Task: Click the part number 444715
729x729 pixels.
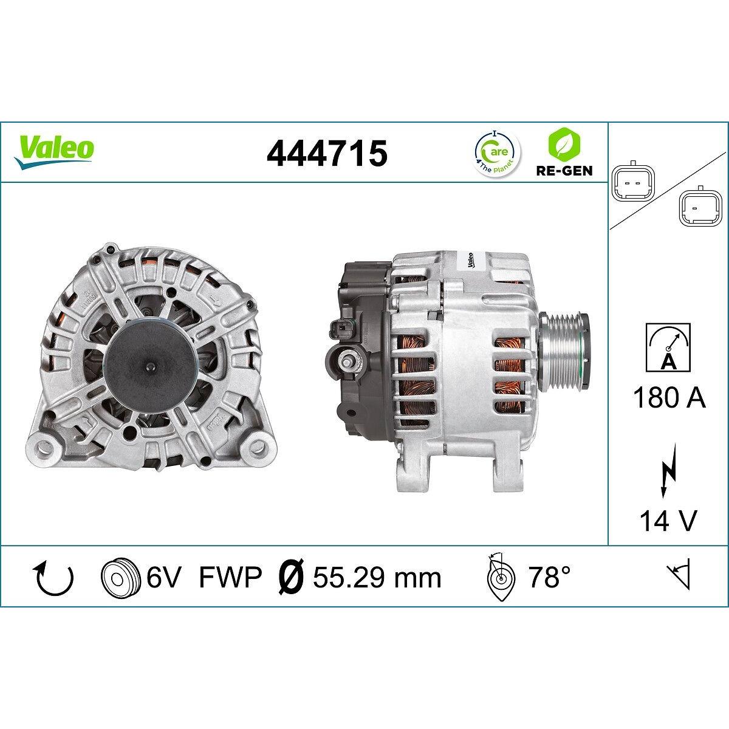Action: [327, 153]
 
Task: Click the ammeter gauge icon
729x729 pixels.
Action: [668, 347]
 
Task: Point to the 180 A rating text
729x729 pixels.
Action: [669, 397]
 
